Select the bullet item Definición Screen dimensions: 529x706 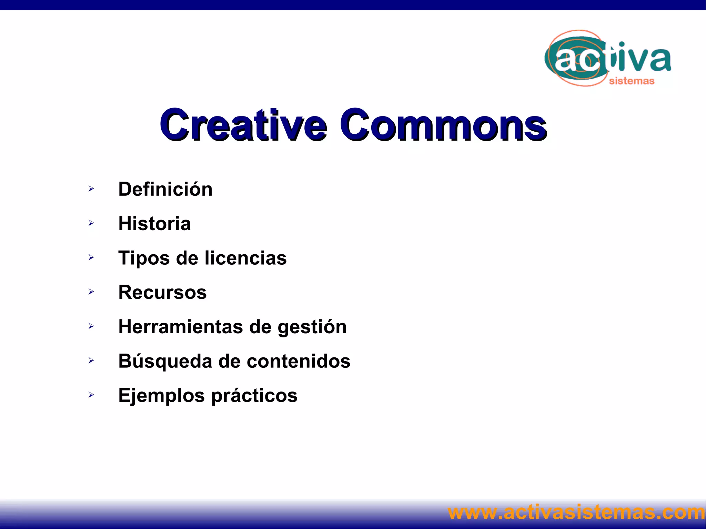point(165,189)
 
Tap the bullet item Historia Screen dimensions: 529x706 point(154,224)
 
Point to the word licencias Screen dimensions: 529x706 point(245,258)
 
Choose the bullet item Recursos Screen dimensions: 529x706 point(162,292)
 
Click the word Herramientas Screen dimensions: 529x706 point(181,327)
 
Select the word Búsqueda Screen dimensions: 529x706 point(165,361)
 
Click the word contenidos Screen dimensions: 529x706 point(299,361)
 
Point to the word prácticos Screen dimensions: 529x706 point(254,396)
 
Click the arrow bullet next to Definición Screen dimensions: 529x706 point(91,189)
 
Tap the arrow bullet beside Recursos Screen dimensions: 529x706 point(91,292)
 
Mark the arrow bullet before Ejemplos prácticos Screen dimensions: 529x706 point(91,395)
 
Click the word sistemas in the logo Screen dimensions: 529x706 point(632,81)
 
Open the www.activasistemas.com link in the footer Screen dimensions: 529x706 point(576,512)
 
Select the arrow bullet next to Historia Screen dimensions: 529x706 point(91,223)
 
